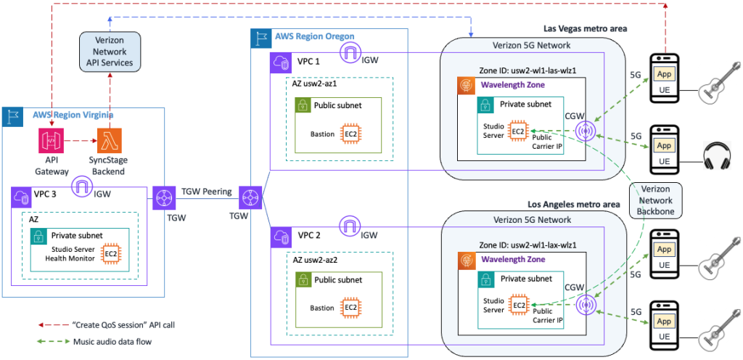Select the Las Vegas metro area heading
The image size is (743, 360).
(585, 28)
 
